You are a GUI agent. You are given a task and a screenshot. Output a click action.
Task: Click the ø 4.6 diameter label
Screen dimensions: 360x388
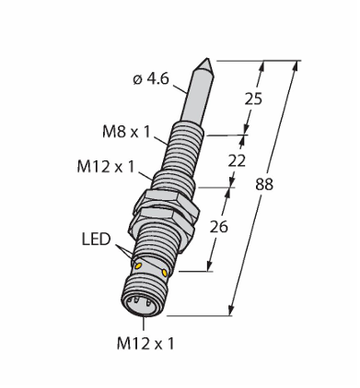point(151,79)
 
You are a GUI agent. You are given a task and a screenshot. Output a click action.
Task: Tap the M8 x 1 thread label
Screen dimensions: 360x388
point(127,132)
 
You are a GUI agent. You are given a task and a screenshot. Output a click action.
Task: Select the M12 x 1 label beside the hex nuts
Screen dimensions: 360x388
point(106,168)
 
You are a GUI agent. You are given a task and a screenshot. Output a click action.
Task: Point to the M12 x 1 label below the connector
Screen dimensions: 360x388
point(145,344)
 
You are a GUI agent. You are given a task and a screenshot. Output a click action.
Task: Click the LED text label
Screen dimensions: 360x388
point(96,240)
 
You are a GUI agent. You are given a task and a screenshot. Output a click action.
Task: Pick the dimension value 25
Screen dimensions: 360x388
point(253,99)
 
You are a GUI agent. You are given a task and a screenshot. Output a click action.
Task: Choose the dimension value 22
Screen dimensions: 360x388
point(237,160)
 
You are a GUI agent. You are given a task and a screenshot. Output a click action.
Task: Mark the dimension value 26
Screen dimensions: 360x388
point(219,227)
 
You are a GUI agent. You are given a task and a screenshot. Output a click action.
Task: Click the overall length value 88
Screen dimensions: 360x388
point(264,185)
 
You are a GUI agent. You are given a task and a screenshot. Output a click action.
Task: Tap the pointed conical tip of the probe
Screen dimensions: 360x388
point(203,65)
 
